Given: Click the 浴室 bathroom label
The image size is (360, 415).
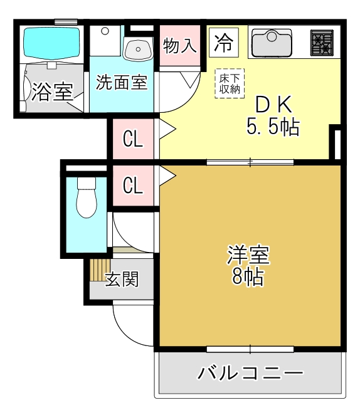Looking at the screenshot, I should click(x=51, y=92).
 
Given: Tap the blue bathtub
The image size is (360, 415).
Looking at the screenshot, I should click(x=51, y=43).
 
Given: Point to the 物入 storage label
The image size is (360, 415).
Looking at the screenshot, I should click(x=180, y=45).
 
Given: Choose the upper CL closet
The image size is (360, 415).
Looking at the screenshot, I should click(x=132, y=139).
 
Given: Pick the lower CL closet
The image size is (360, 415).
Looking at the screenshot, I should click(x=132, y=186).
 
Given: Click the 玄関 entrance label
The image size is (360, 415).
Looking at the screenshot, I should click(x=122, y=280).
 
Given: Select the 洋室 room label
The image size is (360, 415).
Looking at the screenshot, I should click(x=248, y=256).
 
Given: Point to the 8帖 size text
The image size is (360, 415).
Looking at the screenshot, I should click(x=248, y=277).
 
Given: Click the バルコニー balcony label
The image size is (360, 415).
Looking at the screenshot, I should click(x=250, y=374).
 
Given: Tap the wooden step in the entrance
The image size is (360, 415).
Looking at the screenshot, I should click(x=98, y=271).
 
